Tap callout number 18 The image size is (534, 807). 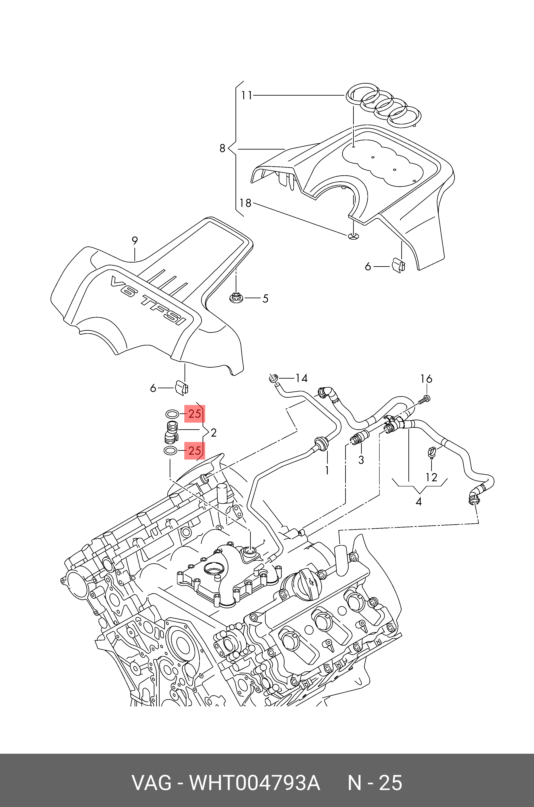pos(245,203)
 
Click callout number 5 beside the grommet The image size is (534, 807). pos(265,298)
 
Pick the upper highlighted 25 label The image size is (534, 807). pos(194,414)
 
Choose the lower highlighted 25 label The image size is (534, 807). pos(194,451)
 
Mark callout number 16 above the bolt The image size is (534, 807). pos(426,379)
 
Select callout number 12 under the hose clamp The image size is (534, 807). pos(431,477)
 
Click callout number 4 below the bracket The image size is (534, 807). pos(419,501)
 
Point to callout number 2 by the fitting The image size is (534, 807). pos(214,433)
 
